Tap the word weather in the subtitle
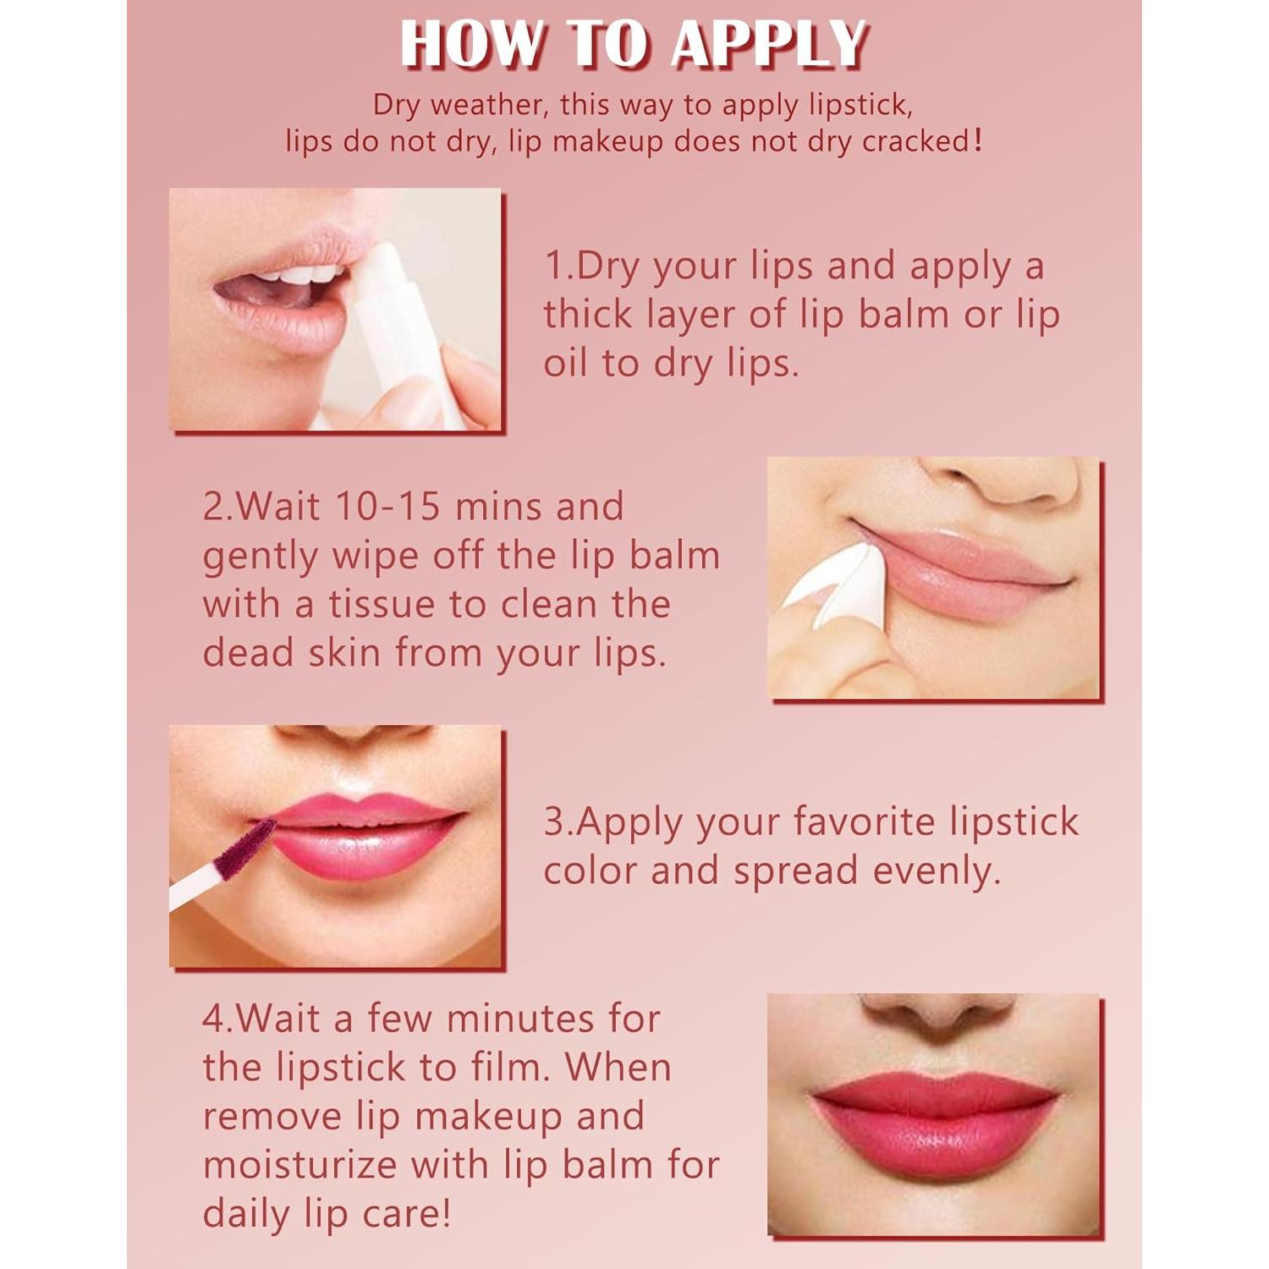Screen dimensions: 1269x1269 486,105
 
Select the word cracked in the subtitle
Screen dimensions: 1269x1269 917,141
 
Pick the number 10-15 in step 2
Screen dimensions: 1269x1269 387,506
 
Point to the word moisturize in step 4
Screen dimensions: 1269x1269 300,1165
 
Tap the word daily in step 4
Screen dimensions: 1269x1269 245,1214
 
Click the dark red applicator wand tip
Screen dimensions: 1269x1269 245,846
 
